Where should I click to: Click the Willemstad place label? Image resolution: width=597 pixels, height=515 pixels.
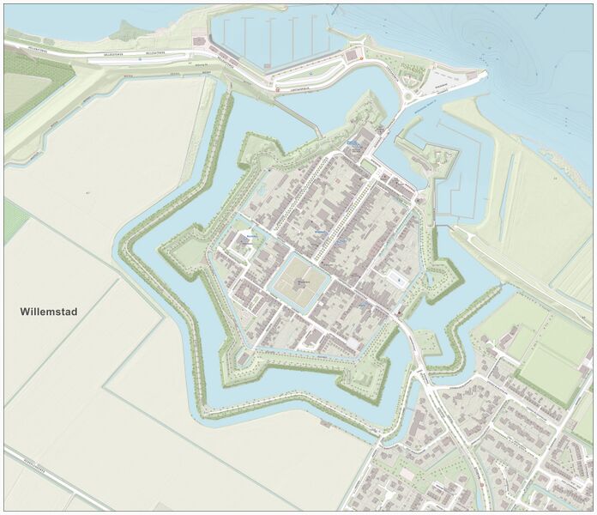coord(48,312)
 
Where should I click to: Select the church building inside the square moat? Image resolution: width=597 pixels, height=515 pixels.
coord(301,282)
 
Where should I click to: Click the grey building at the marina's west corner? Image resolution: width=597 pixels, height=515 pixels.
coord(200,43)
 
